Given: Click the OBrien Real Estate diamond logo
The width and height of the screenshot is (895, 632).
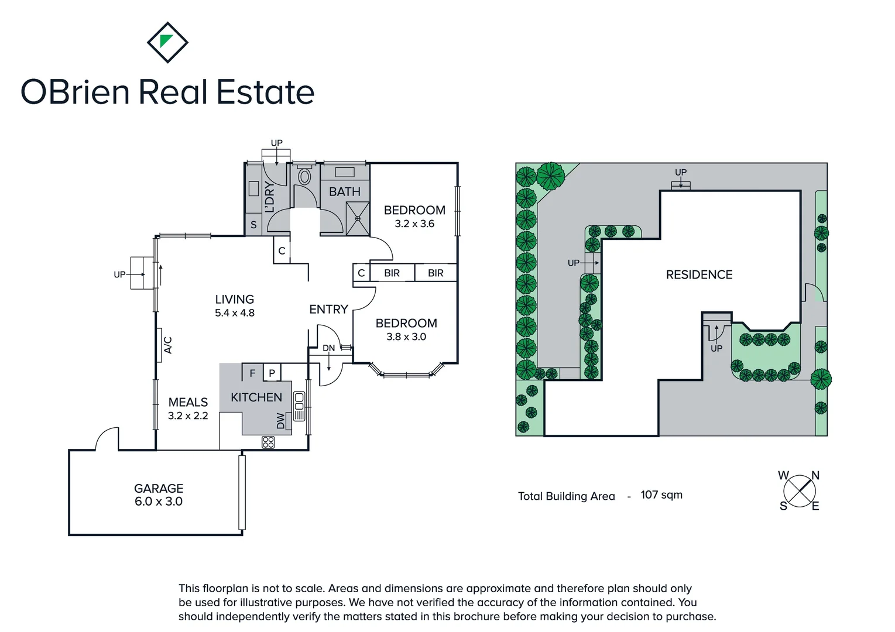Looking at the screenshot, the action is point(167,42).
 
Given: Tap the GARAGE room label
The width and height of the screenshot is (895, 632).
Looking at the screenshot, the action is point(159,488).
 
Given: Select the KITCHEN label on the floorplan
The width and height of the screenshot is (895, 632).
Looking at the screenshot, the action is point(256,397).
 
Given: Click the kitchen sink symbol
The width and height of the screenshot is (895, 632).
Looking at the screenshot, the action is point(299,401).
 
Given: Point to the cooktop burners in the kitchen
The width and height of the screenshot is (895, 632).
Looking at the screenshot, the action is point(268,442).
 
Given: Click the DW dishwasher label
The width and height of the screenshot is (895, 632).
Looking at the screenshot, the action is point(281,420).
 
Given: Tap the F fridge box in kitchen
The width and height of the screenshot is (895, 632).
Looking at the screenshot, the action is point(252,373).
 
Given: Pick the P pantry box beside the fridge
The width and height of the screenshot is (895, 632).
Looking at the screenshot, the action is point(272,373).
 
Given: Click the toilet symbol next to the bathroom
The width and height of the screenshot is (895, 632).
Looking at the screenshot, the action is point(304,176).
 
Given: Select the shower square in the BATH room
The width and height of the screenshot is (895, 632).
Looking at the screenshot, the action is point(357,218).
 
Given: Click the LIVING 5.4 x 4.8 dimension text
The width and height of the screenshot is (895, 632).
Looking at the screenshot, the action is point(235,313).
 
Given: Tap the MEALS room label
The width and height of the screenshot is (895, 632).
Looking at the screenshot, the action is point(188,402).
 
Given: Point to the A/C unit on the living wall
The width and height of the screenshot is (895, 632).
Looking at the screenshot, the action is point(167,345).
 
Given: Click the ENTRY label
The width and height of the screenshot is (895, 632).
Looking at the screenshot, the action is point(328,309).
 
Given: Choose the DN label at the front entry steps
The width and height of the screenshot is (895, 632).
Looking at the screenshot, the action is point(329,348).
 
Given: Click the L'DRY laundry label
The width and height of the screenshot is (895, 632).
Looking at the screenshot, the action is point(270,197).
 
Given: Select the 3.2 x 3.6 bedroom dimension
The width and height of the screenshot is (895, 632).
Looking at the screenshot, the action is point(414,224).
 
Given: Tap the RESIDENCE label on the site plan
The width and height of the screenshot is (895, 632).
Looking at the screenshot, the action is point(699,274).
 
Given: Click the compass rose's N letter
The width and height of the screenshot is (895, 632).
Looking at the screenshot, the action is point(815,476).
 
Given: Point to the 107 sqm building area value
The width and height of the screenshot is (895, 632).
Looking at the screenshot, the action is point(661,495).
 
